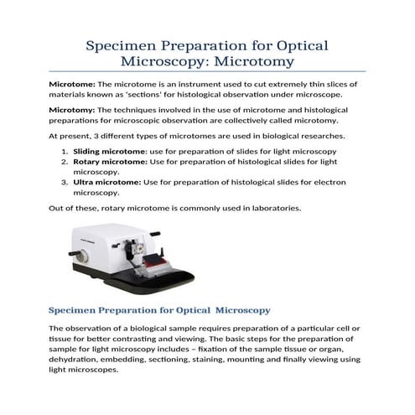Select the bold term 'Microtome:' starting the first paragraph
(72, 85)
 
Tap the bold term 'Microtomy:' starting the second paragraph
(72, 109)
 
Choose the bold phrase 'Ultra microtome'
(106, 181)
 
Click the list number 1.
(65, 150)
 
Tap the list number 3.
(65, 181)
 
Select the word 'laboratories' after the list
(255, 207)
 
